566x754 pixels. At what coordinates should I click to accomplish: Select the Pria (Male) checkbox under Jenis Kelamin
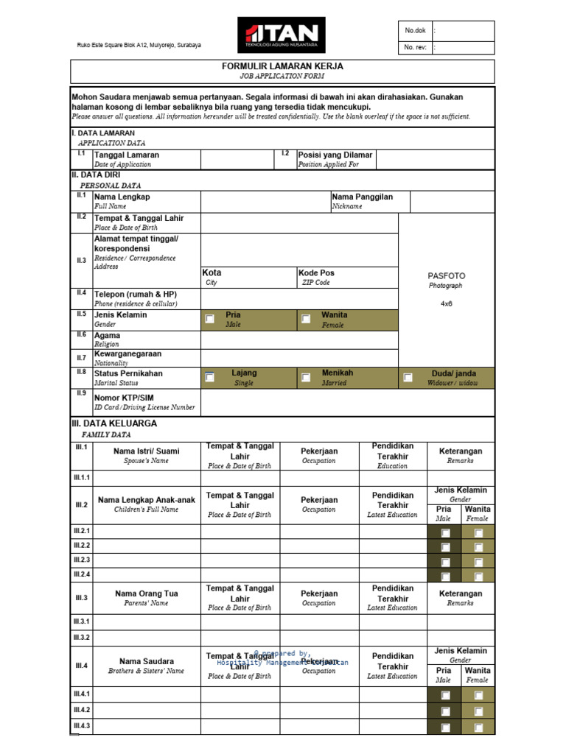coord(210,320)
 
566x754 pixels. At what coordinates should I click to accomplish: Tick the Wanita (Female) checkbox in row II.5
coord(305,320)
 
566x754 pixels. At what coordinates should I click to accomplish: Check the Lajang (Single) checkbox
coord(210,378)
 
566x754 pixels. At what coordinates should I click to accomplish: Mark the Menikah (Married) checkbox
coord(305,378)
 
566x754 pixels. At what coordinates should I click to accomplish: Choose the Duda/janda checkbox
coord(408,378)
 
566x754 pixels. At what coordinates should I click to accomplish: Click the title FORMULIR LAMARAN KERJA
coord(282,66)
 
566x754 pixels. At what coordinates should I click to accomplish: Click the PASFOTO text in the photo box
coord(447,275)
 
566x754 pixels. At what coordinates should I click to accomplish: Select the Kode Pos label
coord(315,272)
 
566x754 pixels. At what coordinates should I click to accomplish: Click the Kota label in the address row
coord(212,272)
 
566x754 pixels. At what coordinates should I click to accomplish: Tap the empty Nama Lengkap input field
coord(265,202)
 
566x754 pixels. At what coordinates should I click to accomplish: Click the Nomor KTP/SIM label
coord(123,398)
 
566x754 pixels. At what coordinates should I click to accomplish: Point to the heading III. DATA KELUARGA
coord(114,423)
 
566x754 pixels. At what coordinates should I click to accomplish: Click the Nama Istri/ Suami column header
coord(146,451)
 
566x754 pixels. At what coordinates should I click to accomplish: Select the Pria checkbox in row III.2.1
coord(444,532)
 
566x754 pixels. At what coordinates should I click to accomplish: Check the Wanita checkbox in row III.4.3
coord(478,727)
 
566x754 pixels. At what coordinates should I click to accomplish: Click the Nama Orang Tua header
coord(146,593)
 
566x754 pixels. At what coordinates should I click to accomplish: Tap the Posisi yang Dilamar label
coord(335,155)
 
